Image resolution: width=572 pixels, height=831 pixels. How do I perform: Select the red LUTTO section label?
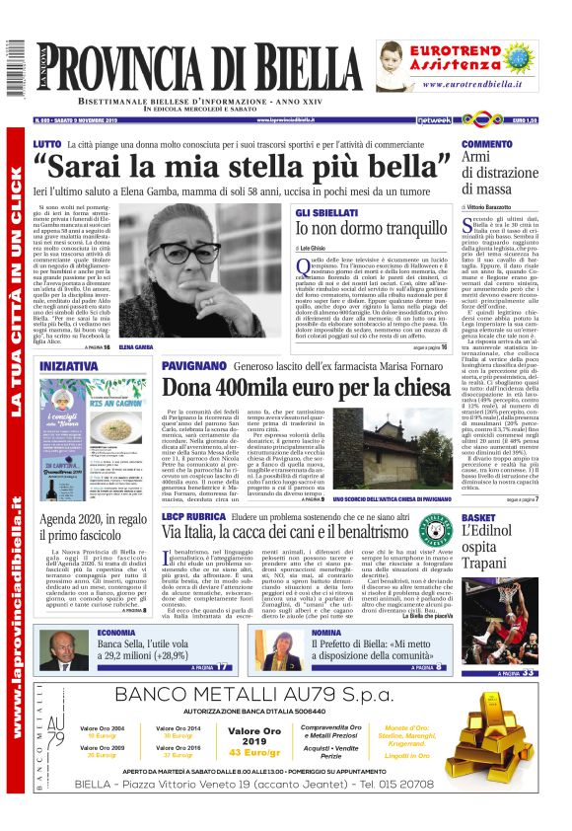pos(46,144)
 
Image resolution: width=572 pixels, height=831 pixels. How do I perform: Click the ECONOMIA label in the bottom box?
pos(117,633)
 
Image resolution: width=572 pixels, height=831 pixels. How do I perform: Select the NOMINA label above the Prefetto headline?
pos(299,633)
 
